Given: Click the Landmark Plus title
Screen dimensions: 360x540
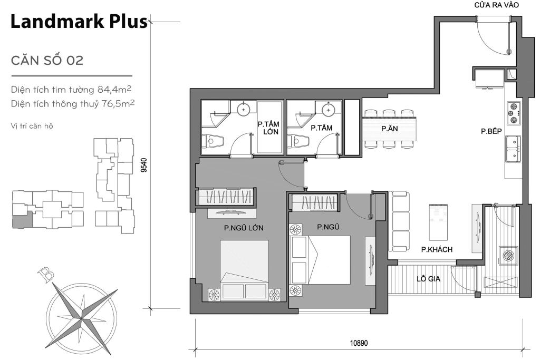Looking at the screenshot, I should click(79, 22).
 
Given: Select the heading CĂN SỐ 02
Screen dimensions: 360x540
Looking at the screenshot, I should click(47, 61).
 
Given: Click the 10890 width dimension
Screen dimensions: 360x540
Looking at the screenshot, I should click(358, 343).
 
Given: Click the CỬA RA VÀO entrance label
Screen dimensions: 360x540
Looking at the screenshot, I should click(497, 5).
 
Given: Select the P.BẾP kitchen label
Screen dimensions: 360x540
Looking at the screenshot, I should click(490, 132).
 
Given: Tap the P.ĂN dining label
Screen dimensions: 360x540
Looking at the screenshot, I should click(389, 129).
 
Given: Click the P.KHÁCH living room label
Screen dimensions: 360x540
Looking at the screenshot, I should click(437, 249).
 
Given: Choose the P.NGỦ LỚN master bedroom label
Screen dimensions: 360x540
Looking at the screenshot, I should click(243, 228).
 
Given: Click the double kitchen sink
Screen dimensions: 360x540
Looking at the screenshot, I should click(513, 149).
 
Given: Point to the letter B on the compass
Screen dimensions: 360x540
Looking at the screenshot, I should click(44, 274).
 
